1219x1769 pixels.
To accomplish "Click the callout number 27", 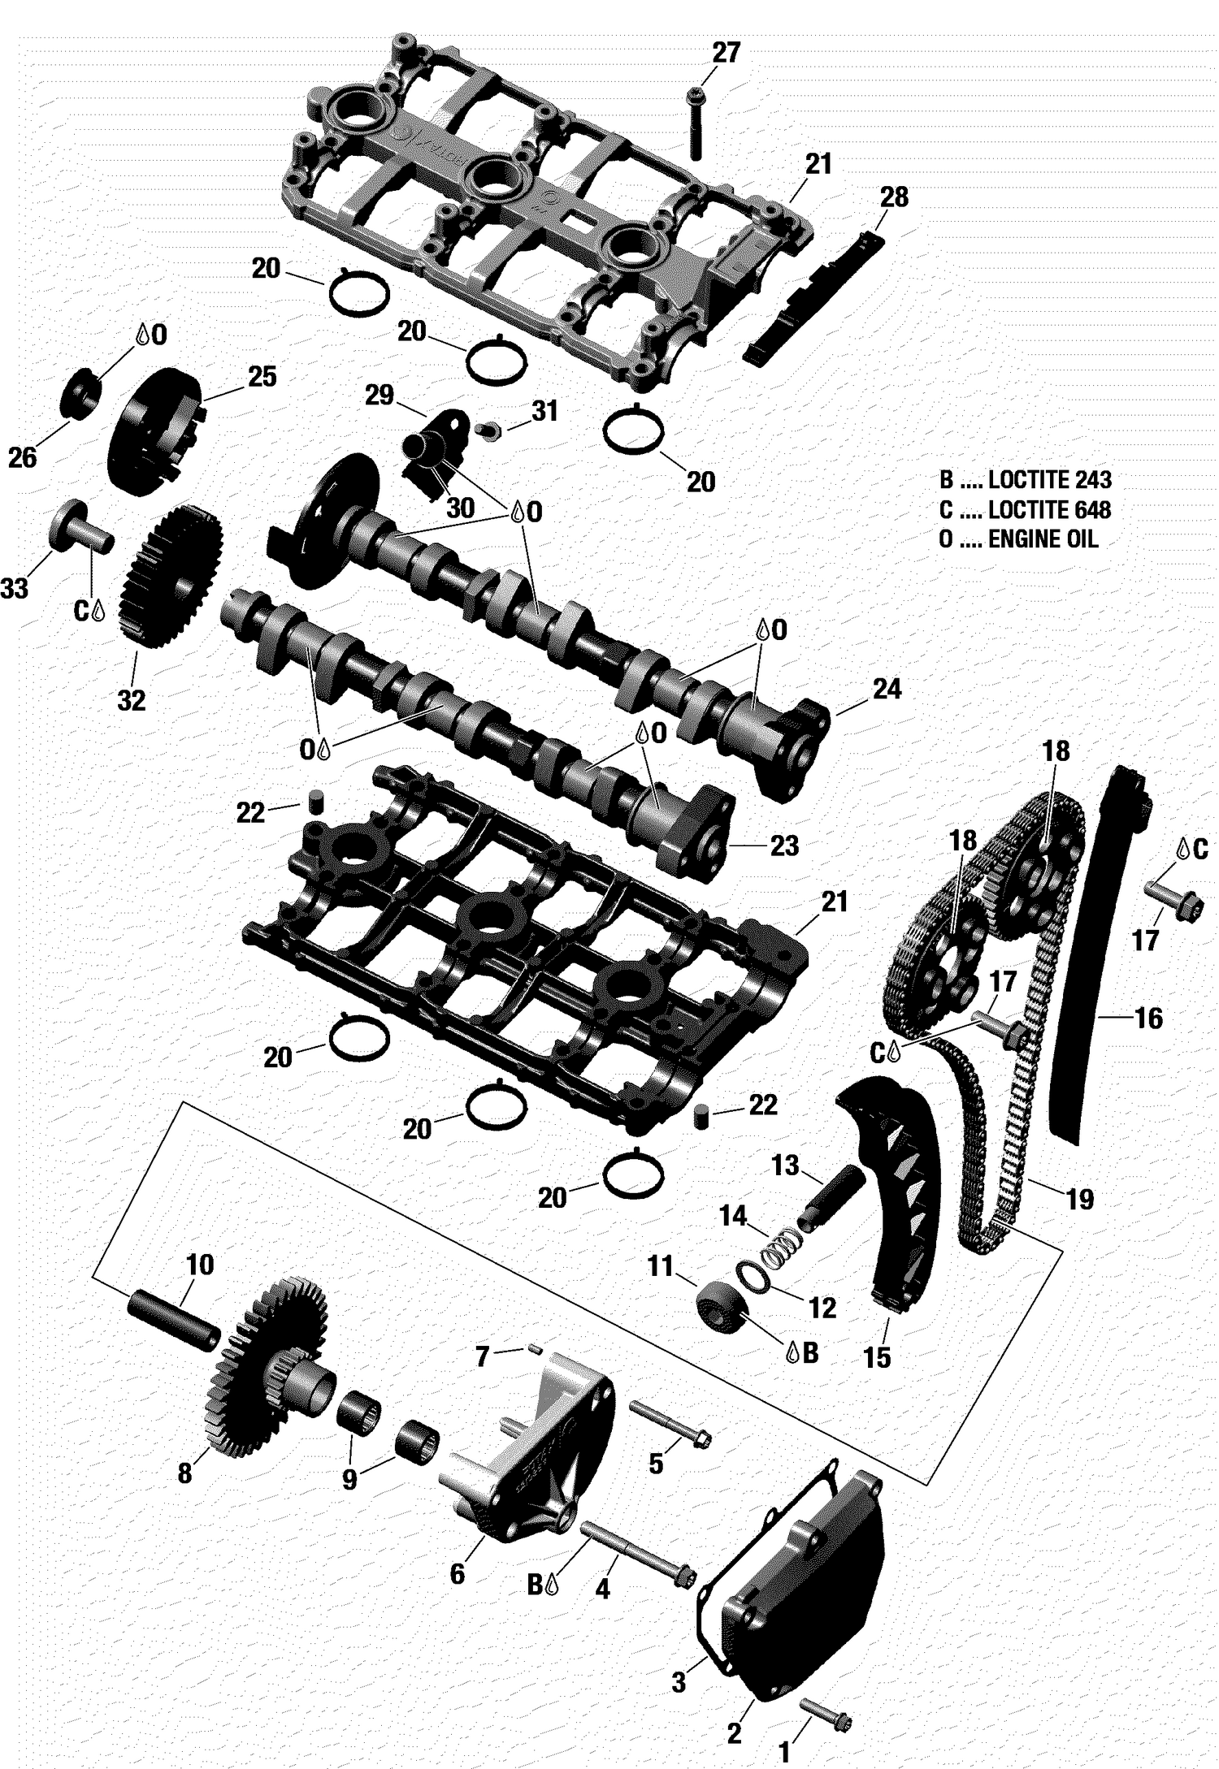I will click(726, 53).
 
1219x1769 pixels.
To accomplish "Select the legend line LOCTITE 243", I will click(1025, 479).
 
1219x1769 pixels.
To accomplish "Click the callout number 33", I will click(15, 588).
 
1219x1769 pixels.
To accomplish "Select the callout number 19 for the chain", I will click(1079, 1199).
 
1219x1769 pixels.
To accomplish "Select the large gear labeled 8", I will click(268, 1365).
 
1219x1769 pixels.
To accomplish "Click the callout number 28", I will click(894, 197).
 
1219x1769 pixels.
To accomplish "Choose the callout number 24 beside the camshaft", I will click(887, 689).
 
